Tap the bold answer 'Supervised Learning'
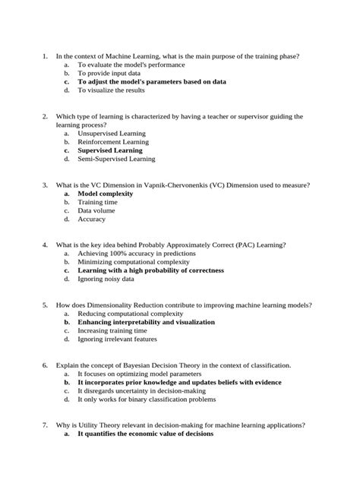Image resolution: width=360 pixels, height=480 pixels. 109,150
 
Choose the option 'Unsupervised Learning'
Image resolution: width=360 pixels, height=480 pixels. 112,133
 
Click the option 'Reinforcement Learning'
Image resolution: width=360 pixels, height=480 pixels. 113,142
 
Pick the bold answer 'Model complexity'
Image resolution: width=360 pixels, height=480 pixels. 105,194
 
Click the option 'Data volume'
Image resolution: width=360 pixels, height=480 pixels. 96,211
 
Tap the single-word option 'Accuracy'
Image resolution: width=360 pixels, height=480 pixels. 92,219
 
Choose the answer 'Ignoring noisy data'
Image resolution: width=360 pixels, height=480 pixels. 106,279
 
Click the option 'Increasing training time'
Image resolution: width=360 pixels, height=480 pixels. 112,330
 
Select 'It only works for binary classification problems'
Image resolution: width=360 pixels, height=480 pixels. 147,399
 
